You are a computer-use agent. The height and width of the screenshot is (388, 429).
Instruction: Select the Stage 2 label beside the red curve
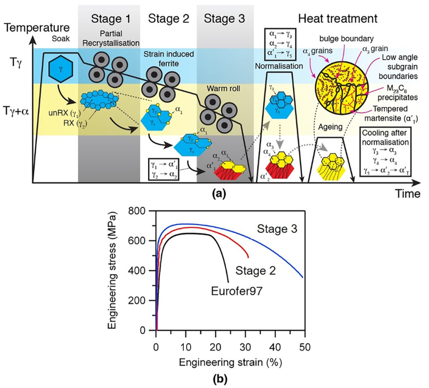(x=256, y=271)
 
